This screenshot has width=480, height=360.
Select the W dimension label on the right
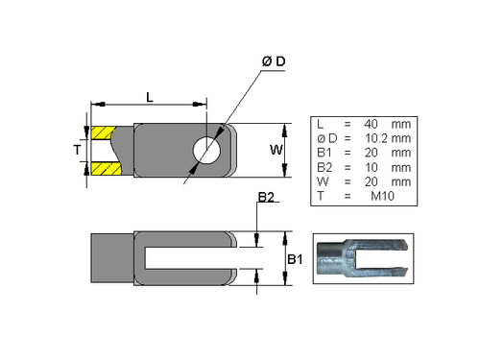(x=275, y=150)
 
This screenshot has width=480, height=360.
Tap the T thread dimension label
(x=77, y=150)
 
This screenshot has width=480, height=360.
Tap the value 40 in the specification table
(x=373, y=124)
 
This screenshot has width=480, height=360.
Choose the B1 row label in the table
(x=324, y=153)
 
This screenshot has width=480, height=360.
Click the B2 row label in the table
(x=324, y=167)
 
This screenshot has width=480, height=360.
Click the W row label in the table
(x=322, y=181)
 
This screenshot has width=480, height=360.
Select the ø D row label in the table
(x=324, y=138)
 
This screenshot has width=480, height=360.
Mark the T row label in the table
(x=320, y=196)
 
